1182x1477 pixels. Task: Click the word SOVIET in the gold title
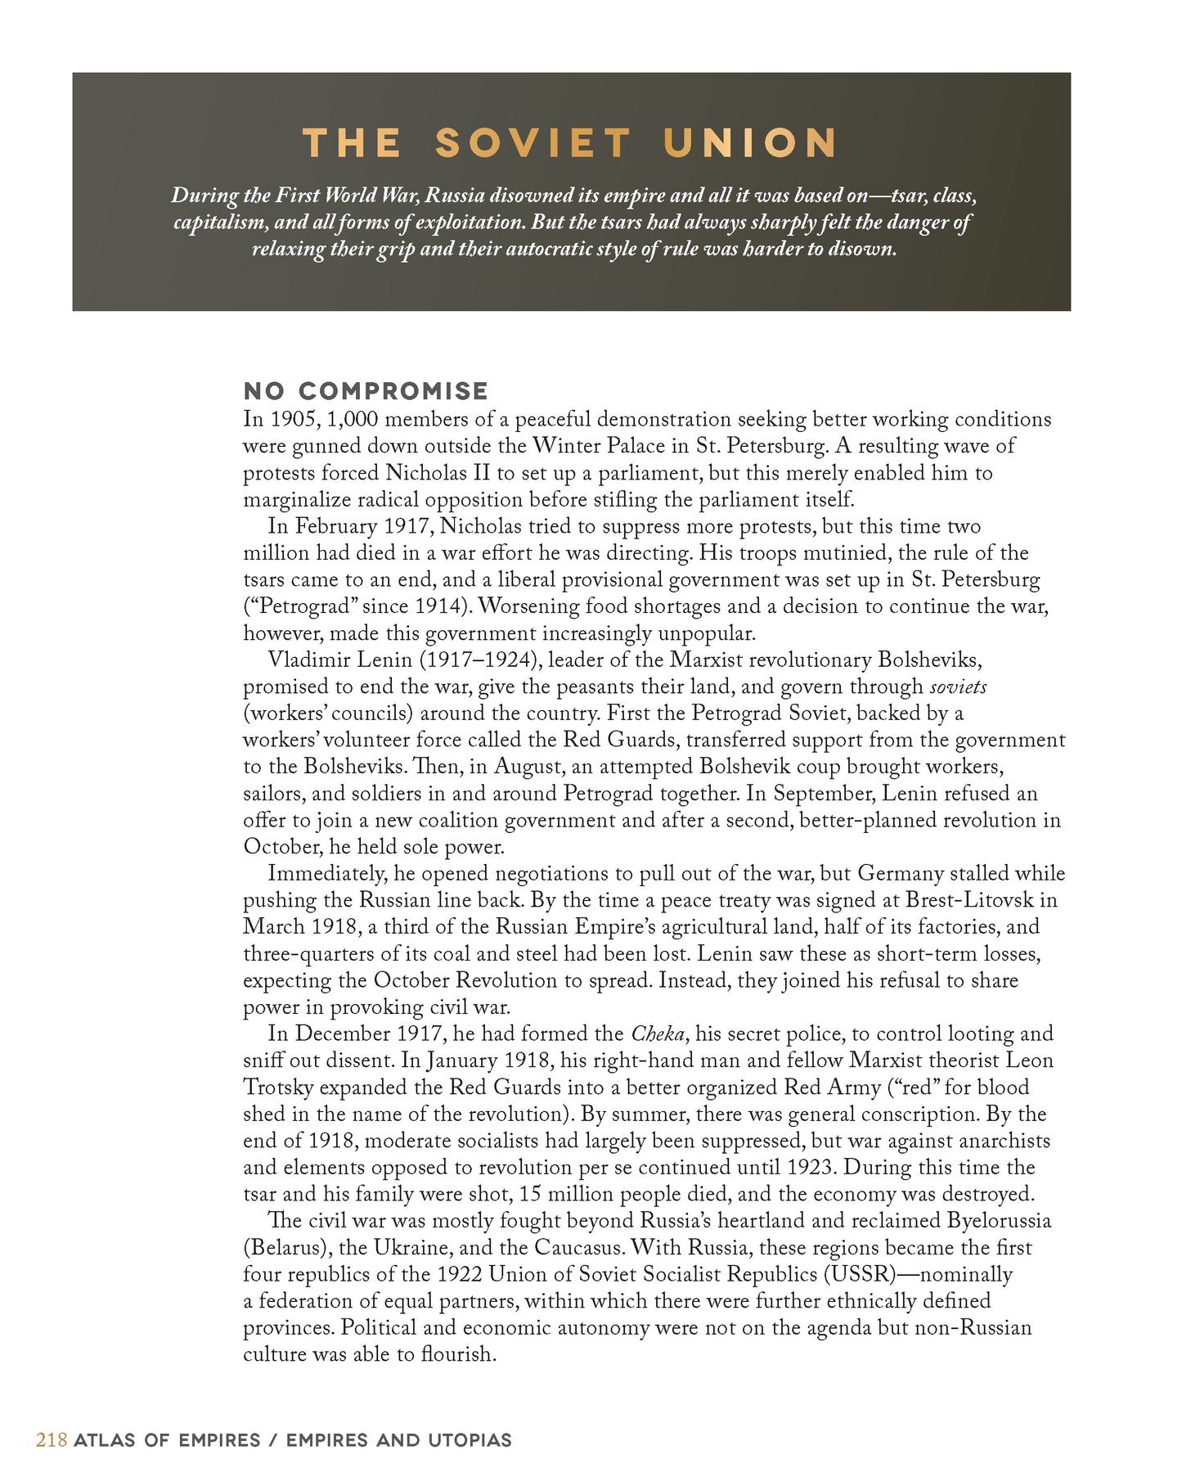pyautogui.click(x=533, y=143)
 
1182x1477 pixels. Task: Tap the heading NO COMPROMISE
pyautogui.click(x=366, y=391)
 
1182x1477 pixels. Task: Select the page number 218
pyautogui.click(x=51, y=1440)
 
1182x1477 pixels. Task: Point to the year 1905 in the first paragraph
pyautogui.click(x=292, y=420)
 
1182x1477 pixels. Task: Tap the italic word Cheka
pyautogui.click(x=658, y=1034)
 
